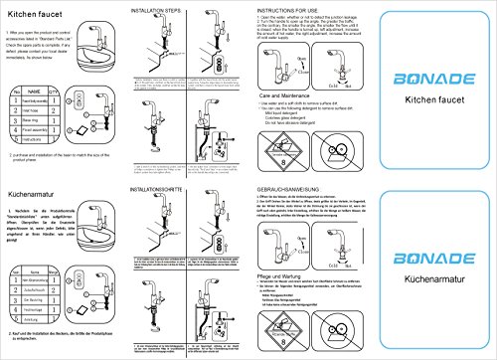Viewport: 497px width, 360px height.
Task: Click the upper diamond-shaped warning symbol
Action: (290, 131)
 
